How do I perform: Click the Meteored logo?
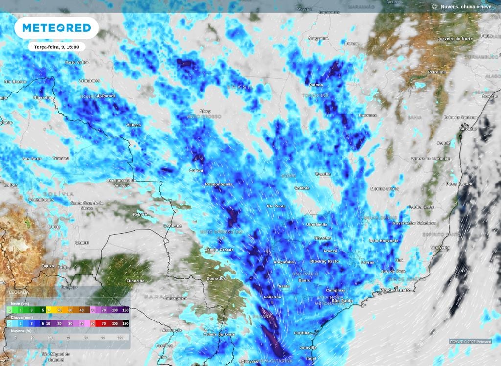[x=56, y=28]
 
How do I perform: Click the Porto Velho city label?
[x=77, y=62]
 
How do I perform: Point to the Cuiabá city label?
[x=196, y=171]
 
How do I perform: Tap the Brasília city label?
[x=323, y=174]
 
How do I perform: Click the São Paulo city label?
[x=342, y=300]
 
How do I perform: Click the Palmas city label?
[x=317, y=84]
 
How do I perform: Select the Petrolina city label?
[x=436, y=72]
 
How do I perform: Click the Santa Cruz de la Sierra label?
[x=87, y=205]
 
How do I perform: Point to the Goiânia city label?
[x=302, y=188]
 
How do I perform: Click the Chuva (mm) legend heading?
[x=20, y=317]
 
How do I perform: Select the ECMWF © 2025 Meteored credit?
[x=470, y=342]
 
